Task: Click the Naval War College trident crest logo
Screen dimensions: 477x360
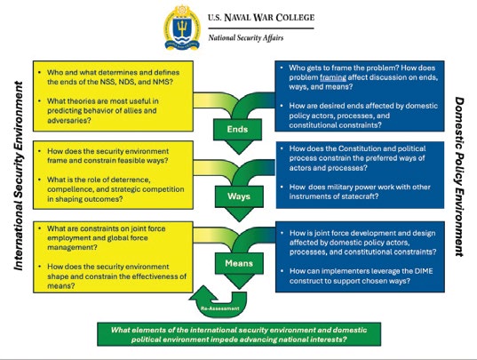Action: (x=182, y=27)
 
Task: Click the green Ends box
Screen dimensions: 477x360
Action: (x=237, y=129)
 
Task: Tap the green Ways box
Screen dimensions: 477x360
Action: (x=239, y=196)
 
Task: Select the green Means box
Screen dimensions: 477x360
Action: (x=239, y=263)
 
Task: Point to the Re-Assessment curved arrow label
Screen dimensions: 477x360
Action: (x=220, y=308)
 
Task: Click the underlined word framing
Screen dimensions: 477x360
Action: (x=333, y=77)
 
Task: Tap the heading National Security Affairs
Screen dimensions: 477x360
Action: (x=246, y=38)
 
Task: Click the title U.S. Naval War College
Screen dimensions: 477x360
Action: (x=261, y=18)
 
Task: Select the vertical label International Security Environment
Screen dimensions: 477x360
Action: (x=19, y=176)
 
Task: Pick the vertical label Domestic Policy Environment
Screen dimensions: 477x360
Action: (x=459, y=177)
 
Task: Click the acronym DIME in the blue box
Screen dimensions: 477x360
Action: (x=424, y=271)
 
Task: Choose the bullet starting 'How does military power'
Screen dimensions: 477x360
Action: (x=360, y=192)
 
